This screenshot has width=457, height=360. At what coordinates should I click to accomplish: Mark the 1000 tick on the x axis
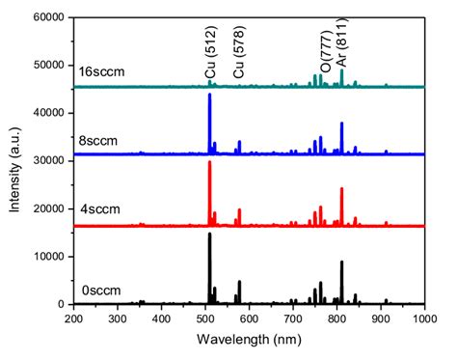point(423,318)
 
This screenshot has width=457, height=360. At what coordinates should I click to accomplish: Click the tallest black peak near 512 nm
point(209,235)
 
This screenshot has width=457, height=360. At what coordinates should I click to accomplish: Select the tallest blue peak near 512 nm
point(209,95)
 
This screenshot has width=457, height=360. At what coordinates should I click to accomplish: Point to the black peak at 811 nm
point(341,262)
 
